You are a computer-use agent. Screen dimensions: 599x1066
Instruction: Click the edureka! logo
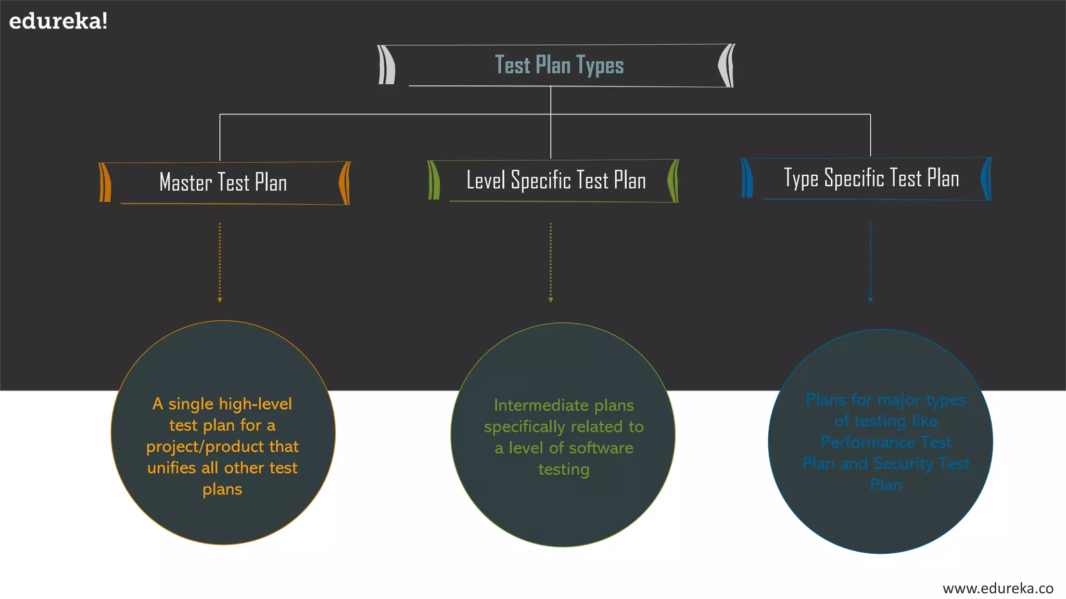[58, 21]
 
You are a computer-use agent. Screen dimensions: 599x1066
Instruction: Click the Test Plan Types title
[559, 66]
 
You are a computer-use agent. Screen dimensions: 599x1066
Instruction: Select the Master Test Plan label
[223, 183]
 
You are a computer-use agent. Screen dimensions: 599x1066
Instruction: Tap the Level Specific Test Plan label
[556, 180]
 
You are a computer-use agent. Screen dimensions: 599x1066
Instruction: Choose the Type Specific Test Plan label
[871, 178]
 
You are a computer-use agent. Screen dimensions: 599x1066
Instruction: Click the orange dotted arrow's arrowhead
[220, 300]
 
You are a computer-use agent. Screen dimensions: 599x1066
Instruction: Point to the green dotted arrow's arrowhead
[551, 300]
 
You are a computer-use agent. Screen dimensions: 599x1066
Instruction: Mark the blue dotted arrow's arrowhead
[870, 300]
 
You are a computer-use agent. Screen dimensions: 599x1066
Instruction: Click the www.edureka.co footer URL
[998, 588]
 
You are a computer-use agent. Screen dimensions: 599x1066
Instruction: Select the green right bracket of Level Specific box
[673, 181]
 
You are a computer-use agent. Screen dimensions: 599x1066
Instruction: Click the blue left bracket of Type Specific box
[747, 178]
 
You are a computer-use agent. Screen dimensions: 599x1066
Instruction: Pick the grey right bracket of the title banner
[727, 66]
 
